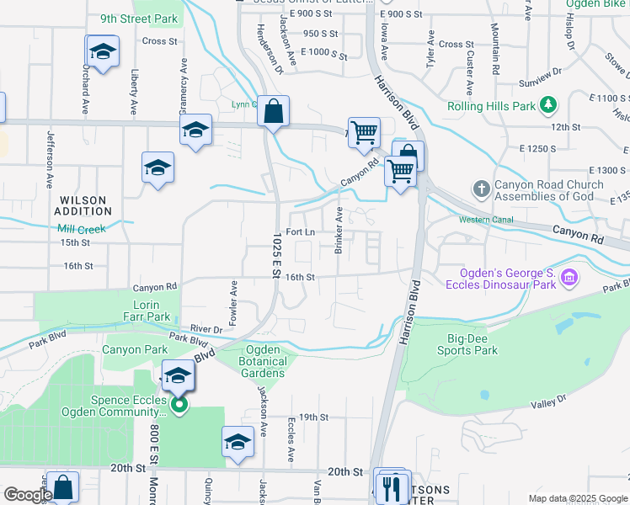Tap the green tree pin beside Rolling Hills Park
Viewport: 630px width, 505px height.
[549, 105]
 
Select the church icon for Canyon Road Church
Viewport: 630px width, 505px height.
[481, 188]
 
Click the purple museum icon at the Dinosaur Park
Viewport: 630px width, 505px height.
[569, 277]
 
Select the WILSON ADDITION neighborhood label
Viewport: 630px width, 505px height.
[83, 206]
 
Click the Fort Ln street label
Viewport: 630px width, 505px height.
[301, 231]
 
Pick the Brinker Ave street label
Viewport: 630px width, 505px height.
[339, 229]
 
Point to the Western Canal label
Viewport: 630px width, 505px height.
[486, 220]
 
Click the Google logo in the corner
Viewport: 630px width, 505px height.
[27, 495]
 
